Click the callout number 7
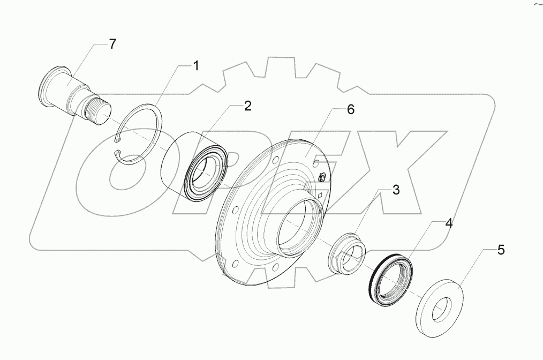pyautogui.click(x=112, y=44)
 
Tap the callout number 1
pyautogui.click(x=196, y=66)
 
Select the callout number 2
pyautogui.click(x=247, y=106)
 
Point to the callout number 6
pyautogui.click(x=350, y=110)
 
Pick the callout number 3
pyautogui.click(x=396, y=190)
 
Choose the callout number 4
pyautogui.click(x=448, y=224)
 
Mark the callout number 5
pyautogui.click(x=501, y=250)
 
